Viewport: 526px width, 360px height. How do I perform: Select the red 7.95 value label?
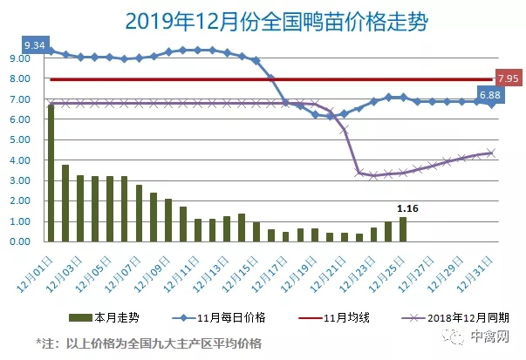pyautogui.click(x=508, y=78)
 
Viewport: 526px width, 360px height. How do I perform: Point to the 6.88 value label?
pyautogui.click(x=489, y=93)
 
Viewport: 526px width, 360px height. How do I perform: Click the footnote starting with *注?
pyautogui.click(x=148, y=342)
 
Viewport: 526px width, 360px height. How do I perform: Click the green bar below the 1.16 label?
pyautogui.click(x=403, y=229)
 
